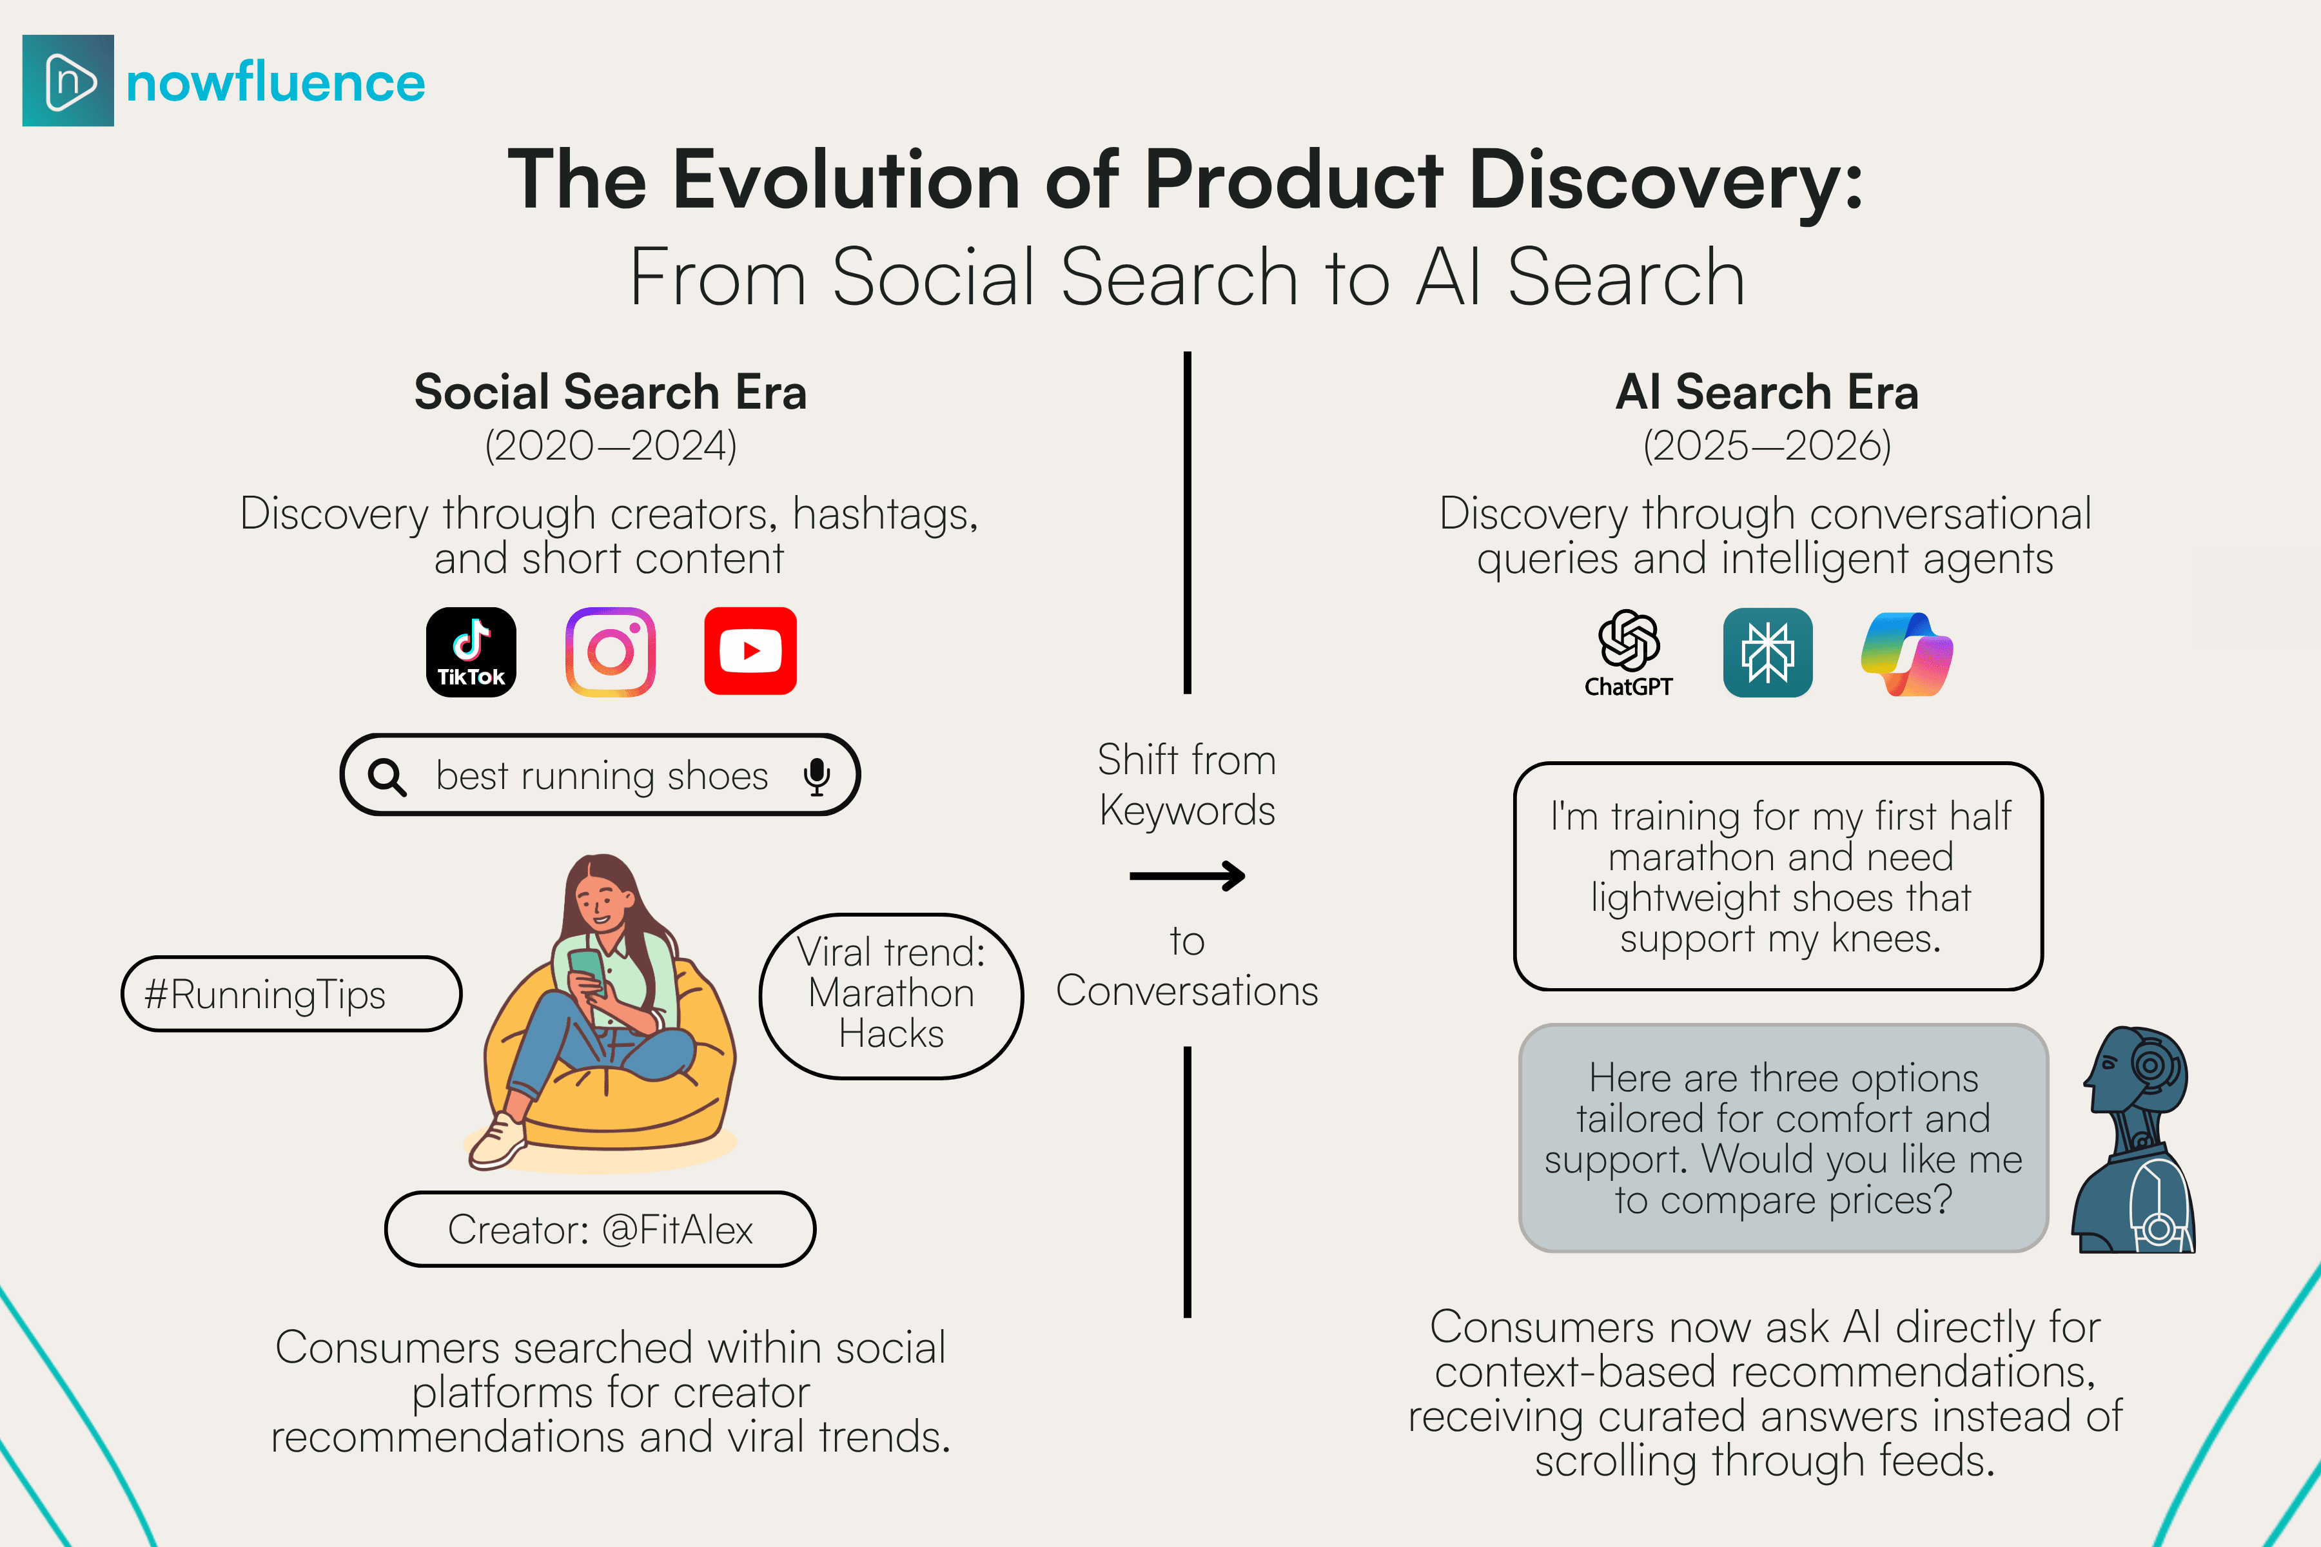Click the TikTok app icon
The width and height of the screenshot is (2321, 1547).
(x=471, y=652)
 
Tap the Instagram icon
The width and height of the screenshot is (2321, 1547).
(x=610, y=652)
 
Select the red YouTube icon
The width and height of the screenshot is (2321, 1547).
(x=750, y=651)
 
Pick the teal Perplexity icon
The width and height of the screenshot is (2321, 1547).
(x=1767, y=652)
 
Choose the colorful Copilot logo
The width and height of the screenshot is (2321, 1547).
(x=1906, y=653)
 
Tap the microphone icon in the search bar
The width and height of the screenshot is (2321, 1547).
(x=816, y=777)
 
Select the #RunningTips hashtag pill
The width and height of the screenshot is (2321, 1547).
(x=291, y=993)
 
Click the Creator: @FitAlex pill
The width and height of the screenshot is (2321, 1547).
(x=600, y=1229)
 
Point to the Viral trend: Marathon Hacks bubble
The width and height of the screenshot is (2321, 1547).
(x=891, y=995)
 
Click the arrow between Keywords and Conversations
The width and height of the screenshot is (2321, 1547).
(x=1187, y=875)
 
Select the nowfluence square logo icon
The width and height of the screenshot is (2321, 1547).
(x=68, y=81)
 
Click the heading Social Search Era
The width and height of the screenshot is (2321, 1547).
(x=610, y=392)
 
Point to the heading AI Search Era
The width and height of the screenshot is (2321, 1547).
(x=1767, y=392)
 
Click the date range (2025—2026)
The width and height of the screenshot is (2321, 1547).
(x=1767, y=446)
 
